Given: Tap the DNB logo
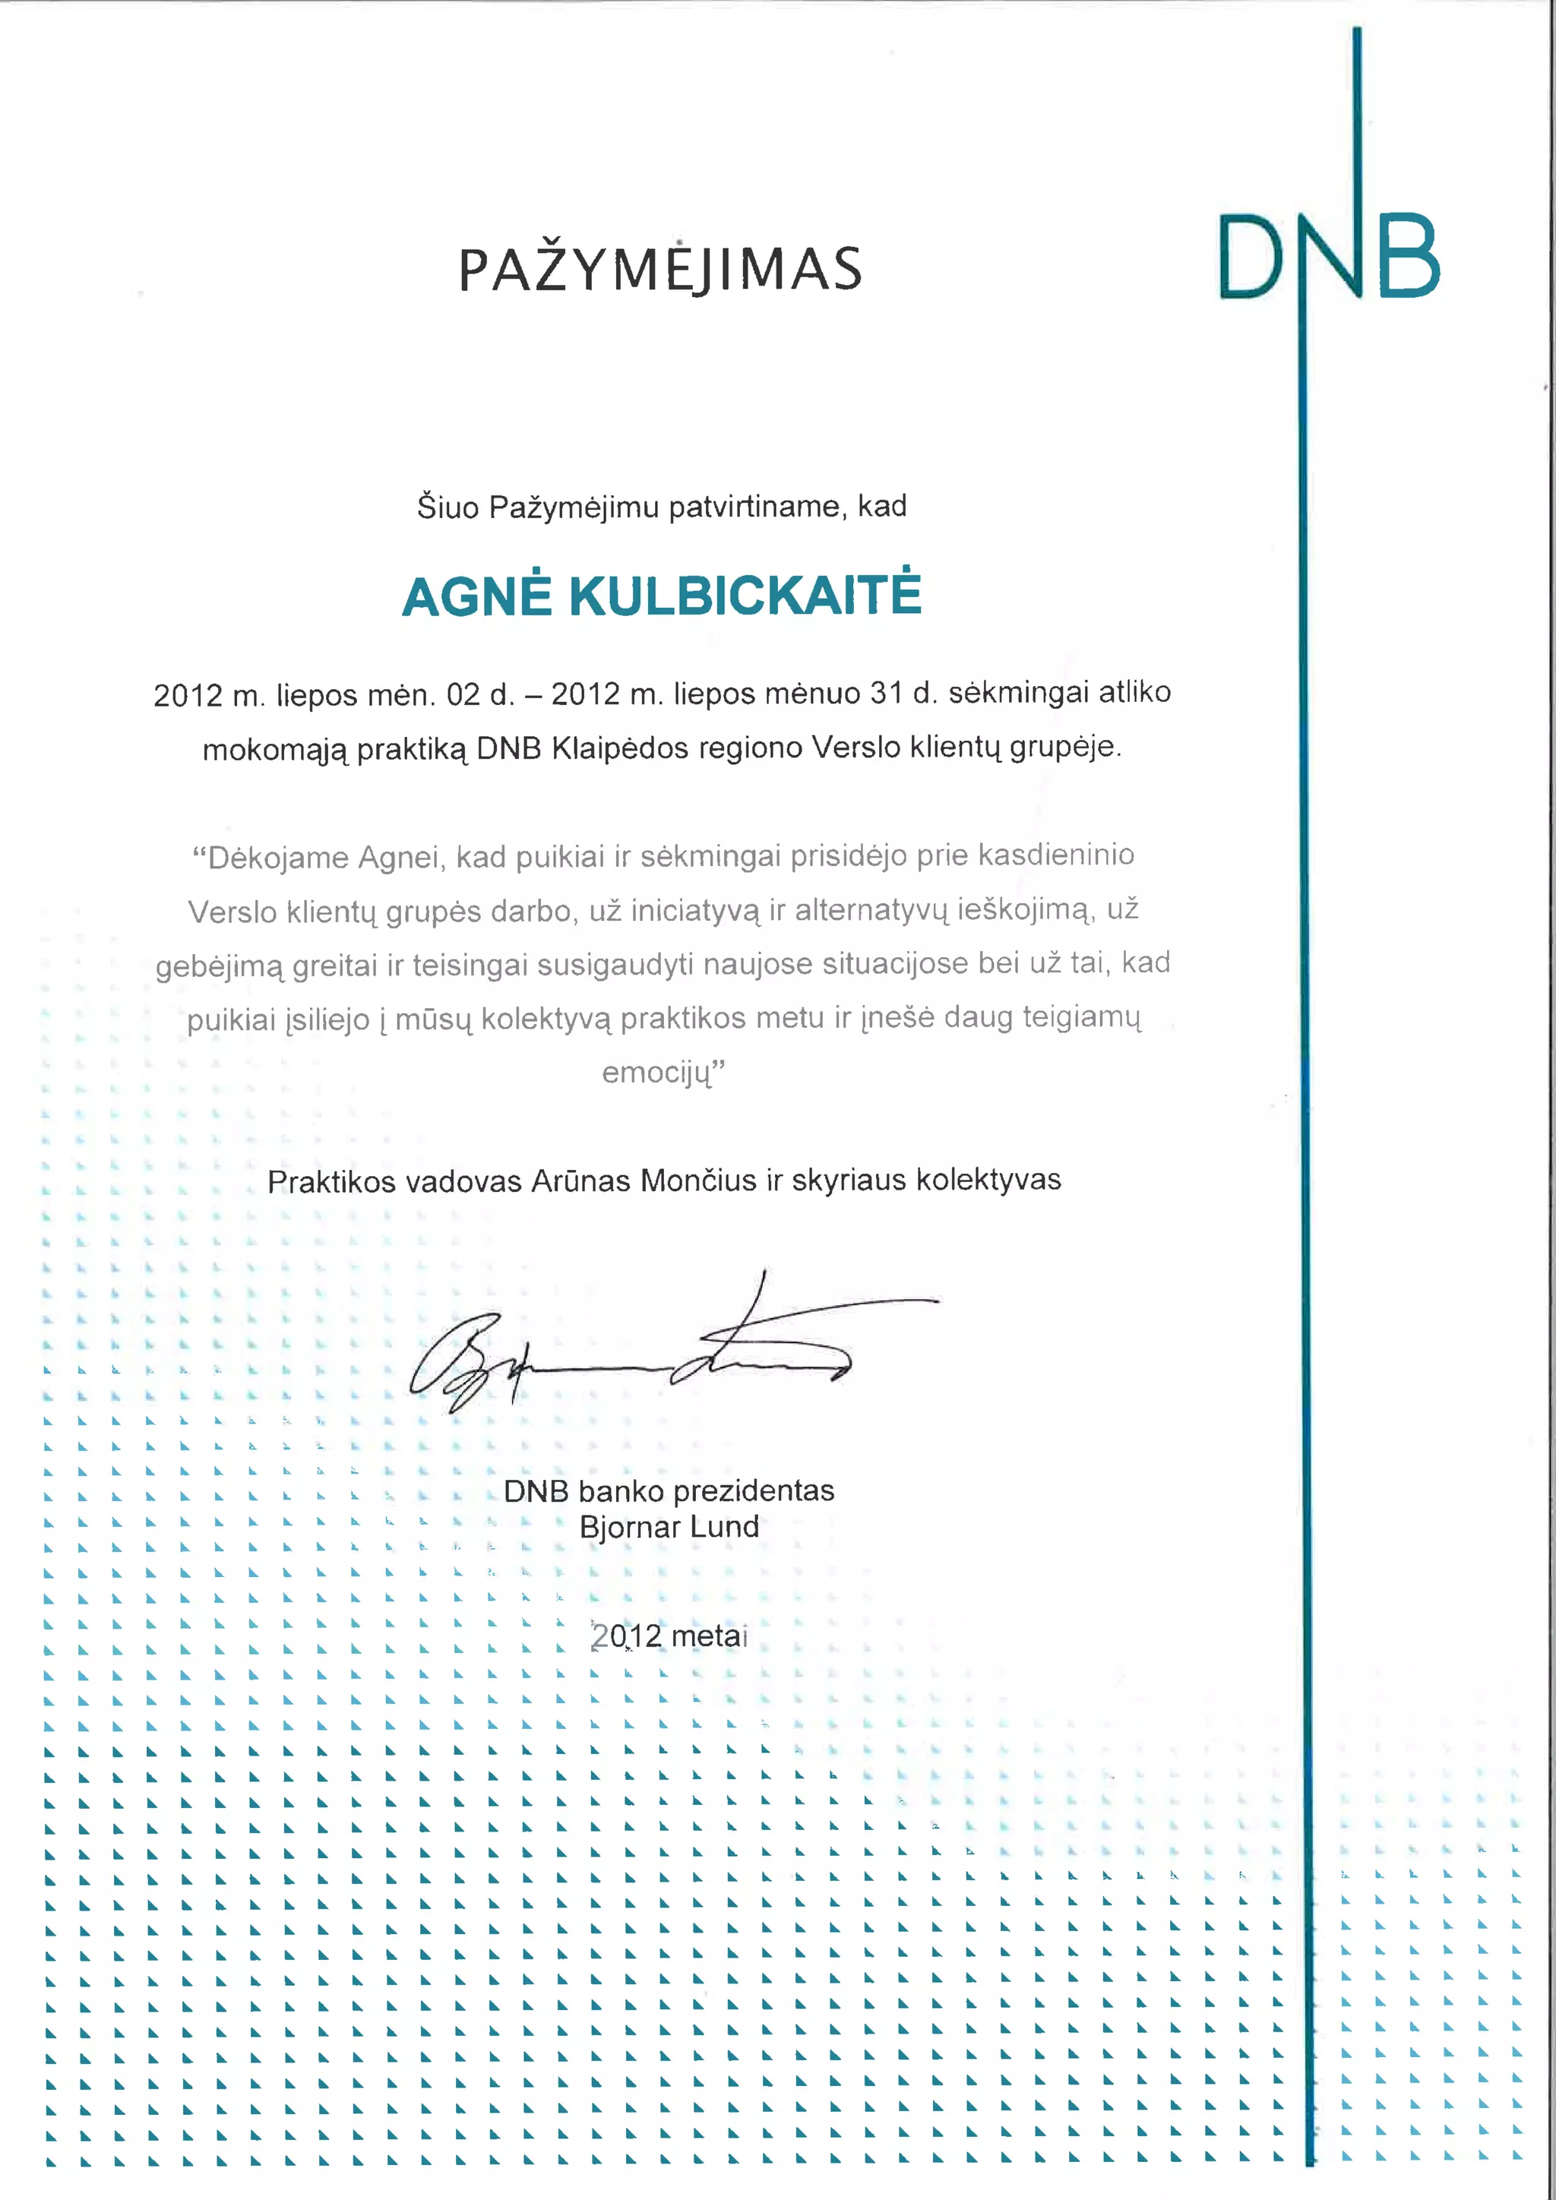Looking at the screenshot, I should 1329,256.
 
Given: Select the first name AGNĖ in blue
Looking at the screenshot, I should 476,596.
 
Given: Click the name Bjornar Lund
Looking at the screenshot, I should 669,1526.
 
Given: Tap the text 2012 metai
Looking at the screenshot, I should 669,1636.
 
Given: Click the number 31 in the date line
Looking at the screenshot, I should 887,693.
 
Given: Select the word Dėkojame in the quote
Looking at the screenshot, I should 276,858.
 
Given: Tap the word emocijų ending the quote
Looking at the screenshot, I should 659,1071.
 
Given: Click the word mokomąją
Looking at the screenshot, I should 275,749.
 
